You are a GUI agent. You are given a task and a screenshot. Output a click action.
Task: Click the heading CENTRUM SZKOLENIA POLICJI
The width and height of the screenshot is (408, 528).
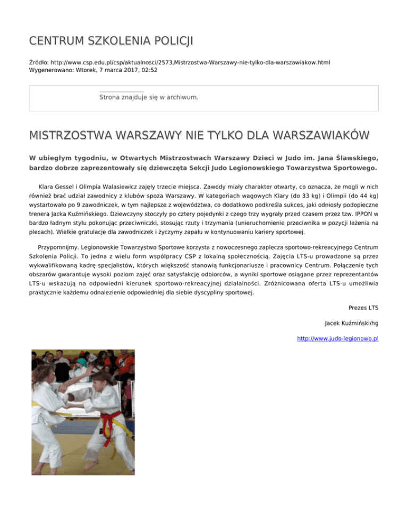pos(111,40)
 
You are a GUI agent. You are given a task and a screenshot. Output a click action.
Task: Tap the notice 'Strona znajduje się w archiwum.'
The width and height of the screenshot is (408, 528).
pos(149,97)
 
